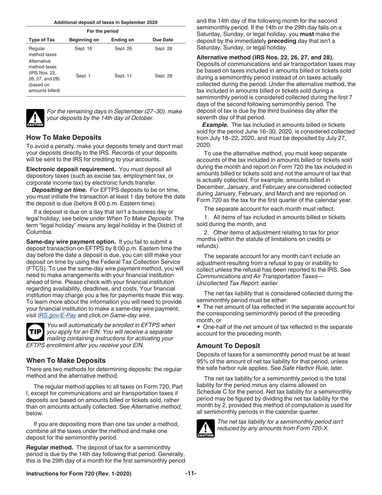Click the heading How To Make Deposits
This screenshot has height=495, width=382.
(x=64, y=137)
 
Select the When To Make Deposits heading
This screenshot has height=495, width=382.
(x=66, y=360)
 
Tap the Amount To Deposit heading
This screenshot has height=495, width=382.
(x=228, y=346)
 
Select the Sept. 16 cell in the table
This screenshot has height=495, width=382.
(x=83, y=49)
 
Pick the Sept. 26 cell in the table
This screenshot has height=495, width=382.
(x=123, y=49)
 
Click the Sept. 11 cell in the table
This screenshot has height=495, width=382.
(x=123, y=76)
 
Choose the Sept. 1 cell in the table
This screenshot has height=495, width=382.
(x=83, y=76)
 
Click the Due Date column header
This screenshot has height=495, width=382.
(x=163, y=40)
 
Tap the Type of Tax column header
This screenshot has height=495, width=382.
(x=41, y=40)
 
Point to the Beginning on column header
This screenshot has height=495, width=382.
(x=84, y=40)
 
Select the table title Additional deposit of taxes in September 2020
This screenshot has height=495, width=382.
(x=105, y=23)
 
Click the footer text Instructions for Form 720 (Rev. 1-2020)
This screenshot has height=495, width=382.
(x=78, y=474)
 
